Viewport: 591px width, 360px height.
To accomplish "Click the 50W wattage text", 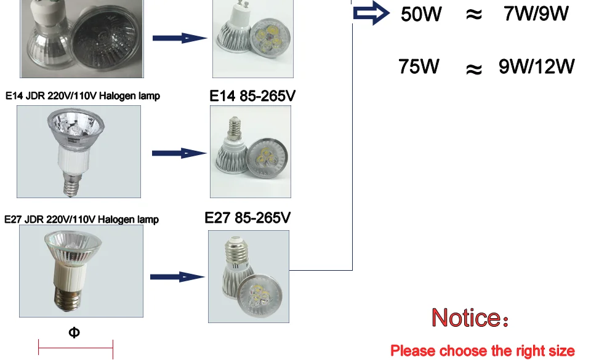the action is click(x=421, y=14).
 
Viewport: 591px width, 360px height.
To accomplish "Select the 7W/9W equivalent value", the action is click(x=536, y=14).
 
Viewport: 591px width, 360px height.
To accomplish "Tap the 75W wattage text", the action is click(x=419, y=66).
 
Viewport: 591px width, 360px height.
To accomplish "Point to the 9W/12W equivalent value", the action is click(x=536, y=66).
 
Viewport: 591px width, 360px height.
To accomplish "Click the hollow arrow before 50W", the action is click(x=371, y=13).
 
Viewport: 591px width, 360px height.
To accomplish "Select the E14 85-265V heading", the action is click(x=252, y=96).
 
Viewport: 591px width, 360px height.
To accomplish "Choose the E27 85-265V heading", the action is click(x=247, y=218).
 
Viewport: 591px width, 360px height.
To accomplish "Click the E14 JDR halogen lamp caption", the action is click(x=82, y=96).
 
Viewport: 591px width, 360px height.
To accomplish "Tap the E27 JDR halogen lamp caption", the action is click(x=81, y=219).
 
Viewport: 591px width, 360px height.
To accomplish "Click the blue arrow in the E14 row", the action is click(x=179, y=153).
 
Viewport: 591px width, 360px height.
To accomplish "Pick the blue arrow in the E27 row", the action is click(x=177, y=277).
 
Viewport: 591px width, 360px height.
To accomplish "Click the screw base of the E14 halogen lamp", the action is click(x=72, y=185).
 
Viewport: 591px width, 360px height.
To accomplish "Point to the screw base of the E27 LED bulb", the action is click(x=236, y=250).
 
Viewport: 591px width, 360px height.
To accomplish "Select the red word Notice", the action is click(x=465, y=318).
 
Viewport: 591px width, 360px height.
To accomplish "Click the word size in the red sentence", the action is click(x=560, y=351).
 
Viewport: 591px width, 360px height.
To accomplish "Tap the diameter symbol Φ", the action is click(x=74, y=332).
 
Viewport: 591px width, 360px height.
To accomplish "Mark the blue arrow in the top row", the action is click(x=180, y=38).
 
